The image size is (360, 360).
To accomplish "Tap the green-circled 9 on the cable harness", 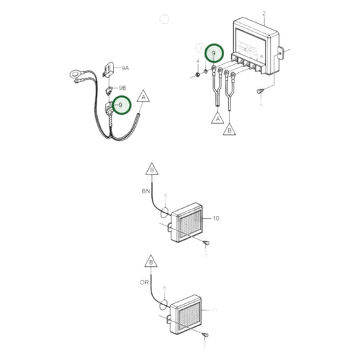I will [x=122, y=105].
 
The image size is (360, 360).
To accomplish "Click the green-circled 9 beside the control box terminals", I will [x=214, y=53].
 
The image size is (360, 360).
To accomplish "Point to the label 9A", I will [x=125, y=68].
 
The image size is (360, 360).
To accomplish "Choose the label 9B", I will [x=122, y=88].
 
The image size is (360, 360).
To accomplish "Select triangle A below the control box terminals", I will [x=217, y=118].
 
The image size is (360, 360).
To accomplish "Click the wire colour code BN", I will [x=146, y=192].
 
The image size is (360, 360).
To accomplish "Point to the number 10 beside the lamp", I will [x=216, y=219].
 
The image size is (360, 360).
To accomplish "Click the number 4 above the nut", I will [x=198, y=61].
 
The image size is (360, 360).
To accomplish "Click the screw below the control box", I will [x=260, y=91].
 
